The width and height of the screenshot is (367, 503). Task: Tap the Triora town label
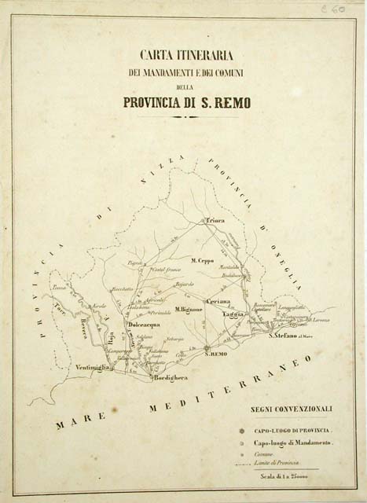[x=215, y=221]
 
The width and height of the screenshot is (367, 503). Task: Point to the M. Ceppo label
[x=203, y=259]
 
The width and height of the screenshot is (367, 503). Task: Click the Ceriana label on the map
[x=218, y=301]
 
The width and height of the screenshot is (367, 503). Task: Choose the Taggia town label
[x=234, y=313]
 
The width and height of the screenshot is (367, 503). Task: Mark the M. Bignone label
[x=189, y=309]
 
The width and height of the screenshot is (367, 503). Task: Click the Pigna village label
[x=134, y=263]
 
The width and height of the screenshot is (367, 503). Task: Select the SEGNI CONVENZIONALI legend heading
[x=292, y=409]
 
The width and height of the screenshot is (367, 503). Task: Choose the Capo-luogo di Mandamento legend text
[x=295, y=444]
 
